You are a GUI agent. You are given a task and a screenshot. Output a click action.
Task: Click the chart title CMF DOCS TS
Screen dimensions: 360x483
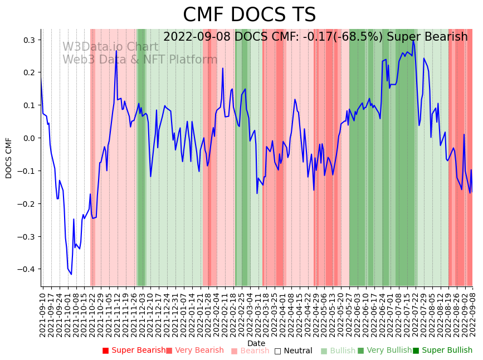[x=249, y=15]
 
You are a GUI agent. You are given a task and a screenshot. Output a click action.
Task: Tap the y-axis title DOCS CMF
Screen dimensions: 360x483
[x=9, y=158]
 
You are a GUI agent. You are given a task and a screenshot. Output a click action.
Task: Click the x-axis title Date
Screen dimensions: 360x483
[x=256, y=343]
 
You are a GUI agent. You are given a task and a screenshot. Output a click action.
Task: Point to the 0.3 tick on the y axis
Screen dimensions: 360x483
[x=30, y=40]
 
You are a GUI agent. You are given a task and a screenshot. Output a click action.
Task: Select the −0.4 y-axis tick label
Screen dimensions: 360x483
[x=27, y=269]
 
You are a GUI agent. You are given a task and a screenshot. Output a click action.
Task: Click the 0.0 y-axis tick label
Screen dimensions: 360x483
[x=30, y=138]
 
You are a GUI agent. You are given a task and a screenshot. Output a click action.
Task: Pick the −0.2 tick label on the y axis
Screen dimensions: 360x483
[x=27, y=204]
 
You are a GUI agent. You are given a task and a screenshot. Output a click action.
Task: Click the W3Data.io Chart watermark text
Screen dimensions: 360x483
[x=110, y=47]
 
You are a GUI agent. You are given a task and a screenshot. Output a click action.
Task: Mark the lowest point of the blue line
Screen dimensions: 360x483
[x=71, y=274]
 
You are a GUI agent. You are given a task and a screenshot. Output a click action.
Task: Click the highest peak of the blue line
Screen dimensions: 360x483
[x=413, y=40]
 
